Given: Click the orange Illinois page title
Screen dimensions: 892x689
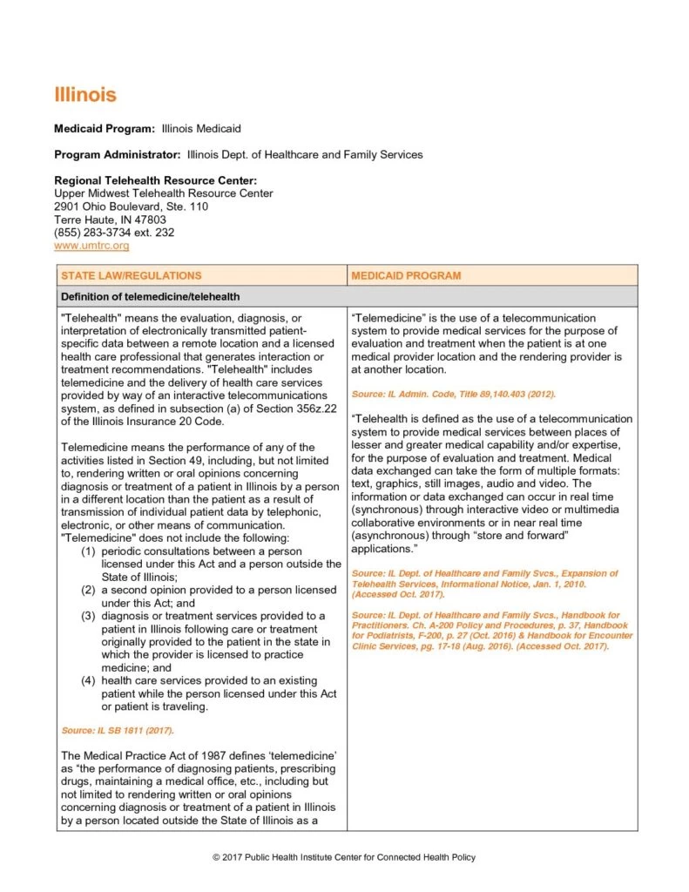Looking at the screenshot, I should pyautogui.click(x=84, y=94).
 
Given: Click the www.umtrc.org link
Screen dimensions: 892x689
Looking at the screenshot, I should pyautogui.click(x=91, y=247).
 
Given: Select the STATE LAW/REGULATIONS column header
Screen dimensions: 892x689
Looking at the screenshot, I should pyautogui.click(x=132, y=275).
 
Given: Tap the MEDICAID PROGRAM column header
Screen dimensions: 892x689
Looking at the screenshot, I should pyautogui.click(x=406, y=275).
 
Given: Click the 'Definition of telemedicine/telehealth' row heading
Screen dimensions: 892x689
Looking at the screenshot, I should pyautogui.click(x=150, y=297).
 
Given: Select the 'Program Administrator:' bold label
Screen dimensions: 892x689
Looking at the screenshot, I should pyautogui.click(x=118, y=155).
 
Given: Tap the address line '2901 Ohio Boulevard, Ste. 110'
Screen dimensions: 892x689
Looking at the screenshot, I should pyautogui.click(x=131, y=207).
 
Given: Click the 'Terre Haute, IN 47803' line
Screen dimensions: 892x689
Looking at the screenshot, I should pyautogui.click(x=110, y=220).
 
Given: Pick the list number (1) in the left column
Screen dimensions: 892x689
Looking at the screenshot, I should pyautogui.click(x=88, y=551).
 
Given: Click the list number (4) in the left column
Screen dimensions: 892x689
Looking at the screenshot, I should pyautogui.click(x=88, y=680).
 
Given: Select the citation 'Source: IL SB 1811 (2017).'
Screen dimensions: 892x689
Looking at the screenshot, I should pyautogui.click(x=118, y=730).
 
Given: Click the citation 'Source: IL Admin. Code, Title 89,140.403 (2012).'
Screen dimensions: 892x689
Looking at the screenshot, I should pyautogui.click(x=453, y=395).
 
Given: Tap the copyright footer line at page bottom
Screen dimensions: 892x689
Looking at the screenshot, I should pyautogui.click(x=345, y=858).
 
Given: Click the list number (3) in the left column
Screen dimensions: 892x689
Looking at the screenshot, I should pyautogui.click(x=88, y=616).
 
